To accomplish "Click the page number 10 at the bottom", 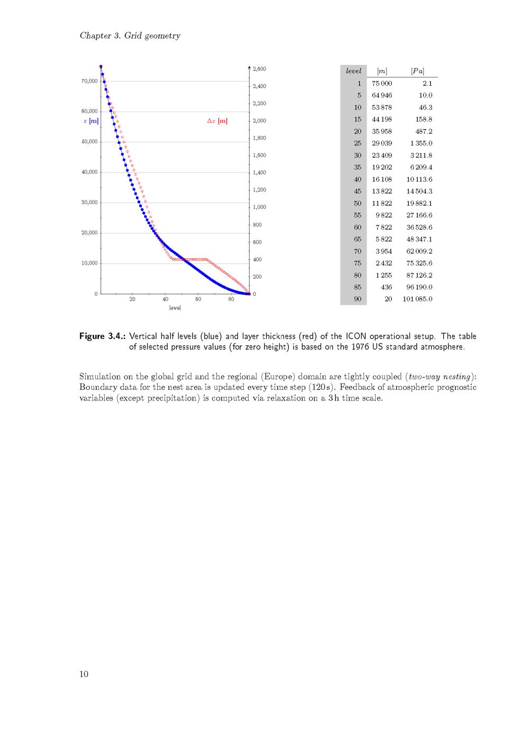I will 84,674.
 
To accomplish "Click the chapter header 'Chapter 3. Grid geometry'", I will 130,36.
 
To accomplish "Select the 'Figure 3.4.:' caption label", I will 103,336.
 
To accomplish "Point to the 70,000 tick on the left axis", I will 89,81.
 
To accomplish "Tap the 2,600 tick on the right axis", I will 259,69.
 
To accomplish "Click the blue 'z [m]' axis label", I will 91,121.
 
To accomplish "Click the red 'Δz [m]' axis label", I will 217,121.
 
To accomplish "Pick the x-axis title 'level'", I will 175,308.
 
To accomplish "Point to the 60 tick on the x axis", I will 198,299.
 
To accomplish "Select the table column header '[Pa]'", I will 417,71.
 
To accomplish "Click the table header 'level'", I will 353,71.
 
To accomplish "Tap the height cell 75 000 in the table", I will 382,84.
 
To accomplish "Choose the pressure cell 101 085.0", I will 417,299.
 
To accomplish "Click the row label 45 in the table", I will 358,191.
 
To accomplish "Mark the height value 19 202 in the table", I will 382,167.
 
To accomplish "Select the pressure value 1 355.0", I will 421,143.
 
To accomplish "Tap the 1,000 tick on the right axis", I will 259,207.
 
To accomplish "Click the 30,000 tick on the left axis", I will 89,203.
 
